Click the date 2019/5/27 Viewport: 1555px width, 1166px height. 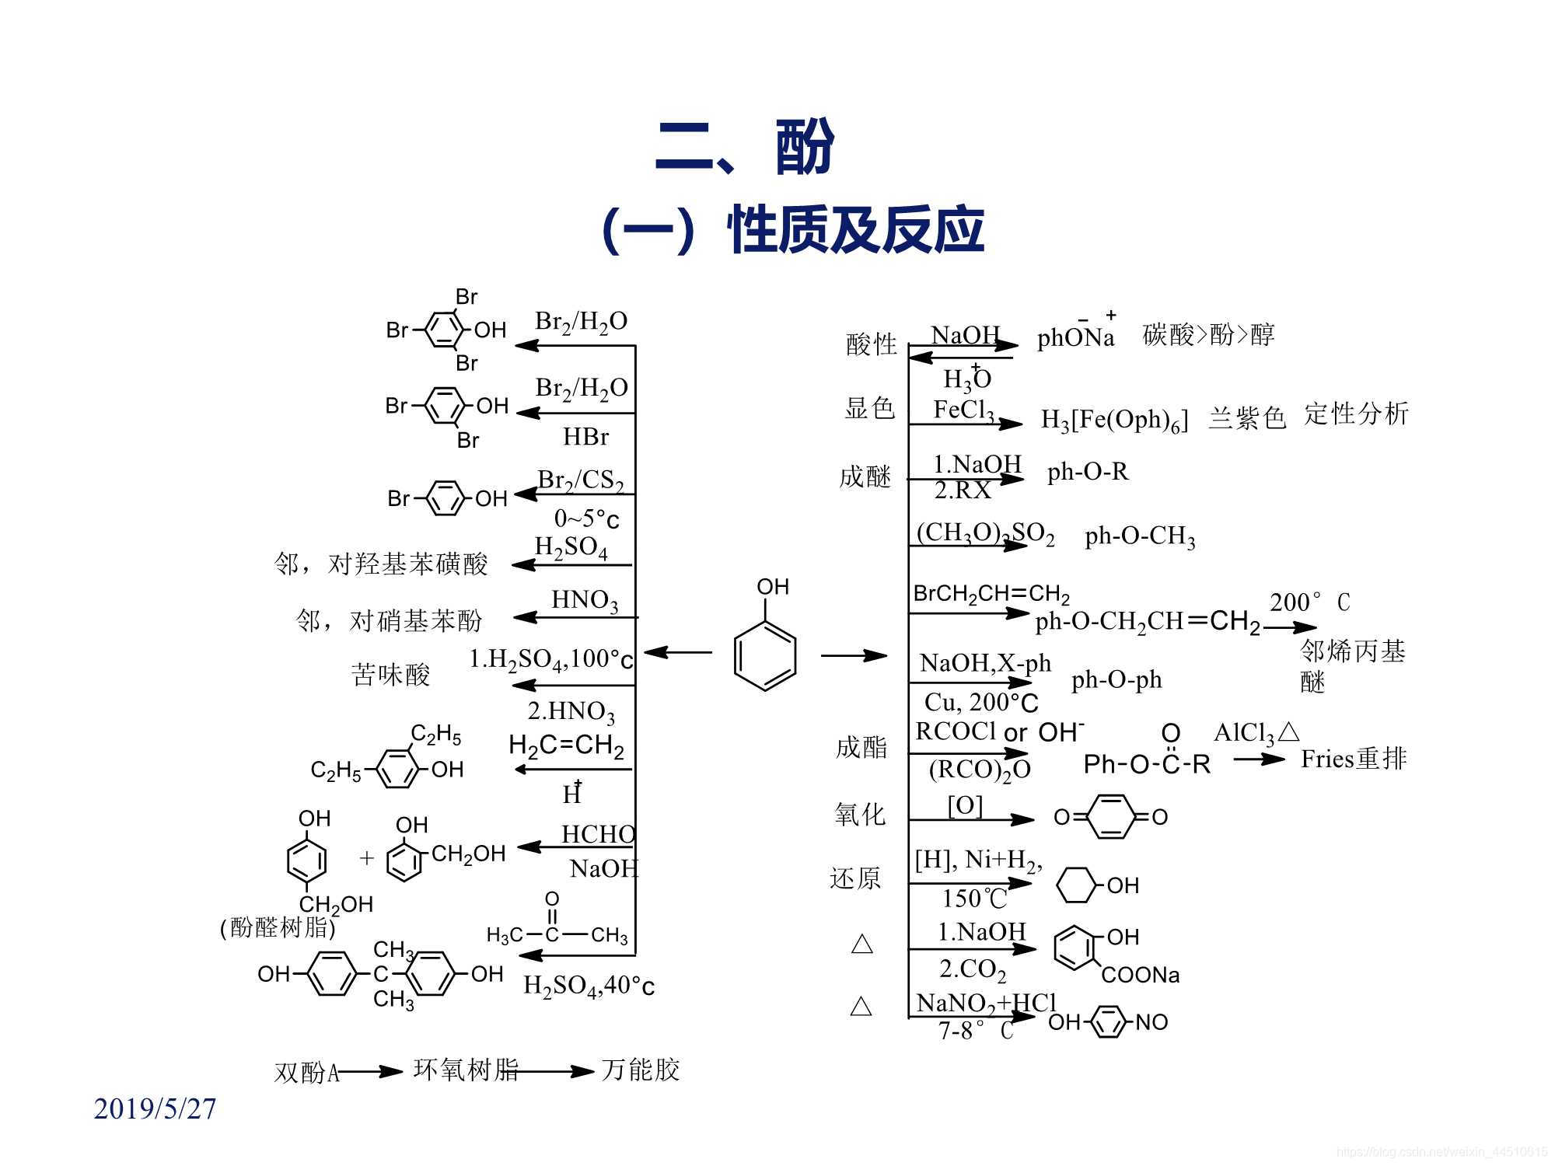pos(155,1108)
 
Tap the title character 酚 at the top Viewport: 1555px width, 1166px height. pos(805,147)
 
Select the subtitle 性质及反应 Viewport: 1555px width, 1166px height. pos(855,231)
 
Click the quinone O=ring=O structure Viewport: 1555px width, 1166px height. pos(1110,817)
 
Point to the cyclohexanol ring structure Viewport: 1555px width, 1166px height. pos(1077,885)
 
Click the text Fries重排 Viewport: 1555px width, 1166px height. pos(1353,759)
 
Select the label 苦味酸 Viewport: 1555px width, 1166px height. pos(390,674)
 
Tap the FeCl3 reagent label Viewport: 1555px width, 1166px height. pos(963,410)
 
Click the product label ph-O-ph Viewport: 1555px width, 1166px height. pos(1116,680)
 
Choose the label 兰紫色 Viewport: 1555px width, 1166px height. pos(1246,418)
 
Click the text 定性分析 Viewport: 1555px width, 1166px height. pos(1356,414)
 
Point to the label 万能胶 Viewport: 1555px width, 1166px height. pos(640,1070)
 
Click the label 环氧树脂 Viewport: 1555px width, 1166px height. pos(465,1070)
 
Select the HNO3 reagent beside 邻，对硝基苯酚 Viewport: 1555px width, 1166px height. pos(585,600)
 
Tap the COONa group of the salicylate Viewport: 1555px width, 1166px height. pos(1141,975)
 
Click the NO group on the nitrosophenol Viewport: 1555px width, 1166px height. pos(1151,1022)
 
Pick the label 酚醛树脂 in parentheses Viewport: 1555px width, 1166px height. pos(278,927)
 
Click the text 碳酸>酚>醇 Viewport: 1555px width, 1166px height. pos(1208,335)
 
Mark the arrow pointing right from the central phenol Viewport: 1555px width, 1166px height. pos(853,655)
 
